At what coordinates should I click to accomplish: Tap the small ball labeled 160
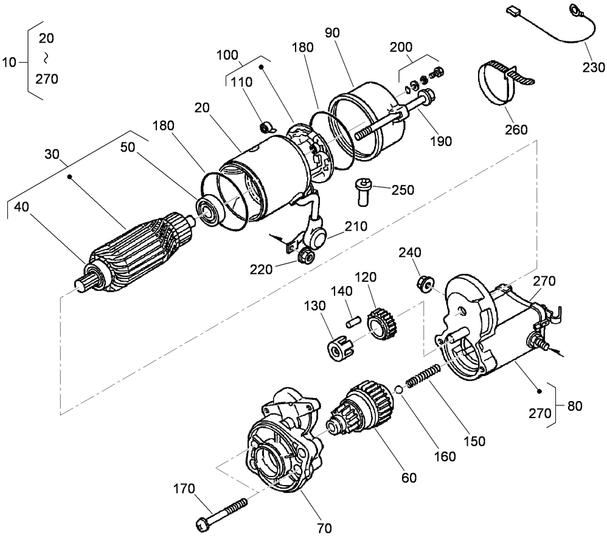tap(397, 390)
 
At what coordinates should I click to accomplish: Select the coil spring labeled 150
tap(423, 376)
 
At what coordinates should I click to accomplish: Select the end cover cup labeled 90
tap(365, 125)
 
